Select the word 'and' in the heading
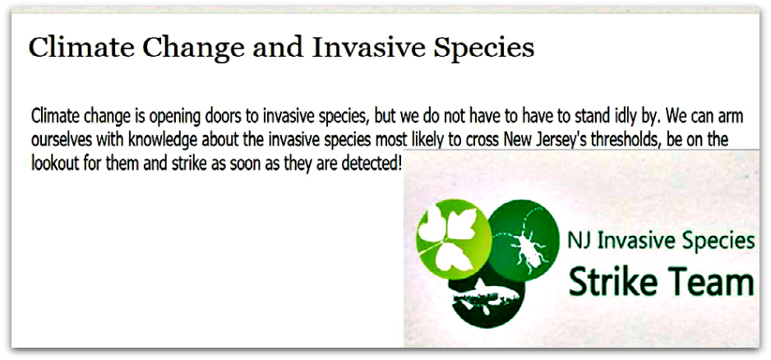pos(279,47)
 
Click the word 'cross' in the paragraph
pos(483,141)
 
